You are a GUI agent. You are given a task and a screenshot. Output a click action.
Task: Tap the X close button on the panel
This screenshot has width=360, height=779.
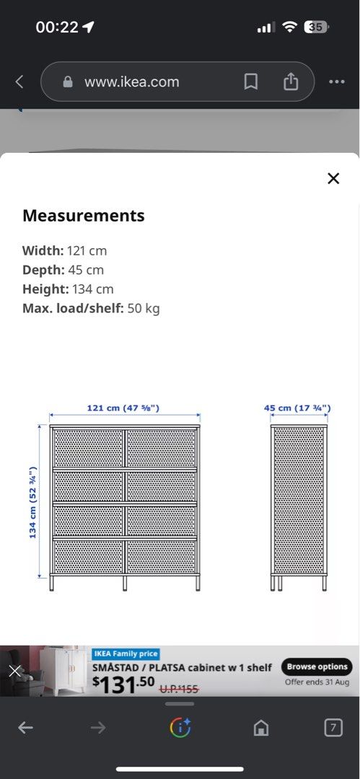pyautogui.click(x=333, y=178)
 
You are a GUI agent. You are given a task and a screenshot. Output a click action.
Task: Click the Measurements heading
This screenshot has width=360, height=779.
pyautogui.click(x=83, y=216)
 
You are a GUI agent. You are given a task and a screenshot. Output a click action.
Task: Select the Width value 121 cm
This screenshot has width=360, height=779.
pyautogui.click(x=87, y=251)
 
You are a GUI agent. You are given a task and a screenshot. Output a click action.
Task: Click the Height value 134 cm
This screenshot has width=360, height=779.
pyautogui.click(x=93, y=289)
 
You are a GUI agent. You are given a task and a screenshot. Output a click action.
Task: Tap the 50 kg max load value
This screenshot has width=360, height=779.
pyautogui.click(x=144, y=309)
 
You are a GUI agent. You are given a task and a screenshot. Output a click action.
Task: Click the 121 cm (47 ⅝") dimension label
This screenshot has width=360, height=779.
pyautogui.click(x=123, y=408)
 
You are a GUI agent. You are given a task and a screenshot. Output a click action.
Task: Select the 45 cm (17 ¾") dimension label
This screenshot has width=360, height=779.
pyautogui.click(x=297, y=408)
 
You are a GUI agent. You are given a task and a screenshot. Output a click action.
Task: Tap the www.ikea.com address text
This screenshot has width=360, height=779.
pyautogui.click(x=131, y=82)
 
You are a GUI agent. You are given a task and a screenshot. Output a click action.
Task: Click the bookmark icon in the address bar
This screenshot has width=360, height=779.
pyautogui.click(x=250, y=82)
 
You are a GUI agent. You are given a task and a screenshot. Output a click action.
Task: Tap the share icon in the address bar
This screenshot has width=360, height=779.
pyautogui.click(x=290, y=82)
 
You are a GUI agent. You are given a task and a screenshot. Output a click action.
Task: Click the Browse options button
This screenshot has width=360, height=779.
pyautogui.click(x=317, y=666)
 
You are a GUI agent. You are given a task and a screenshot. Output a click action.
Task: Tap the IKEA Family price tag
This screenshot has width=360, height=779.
pyautogui.click(x=126, y=653)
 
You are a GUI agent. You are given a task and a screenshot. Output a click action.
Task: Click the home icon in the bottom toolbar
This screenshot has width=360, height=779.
pyautogui.click(x=261, y=728)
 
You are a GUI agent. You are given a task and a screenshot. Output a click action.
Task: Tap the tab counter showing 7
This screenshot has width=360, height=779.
pyautogui.click(x=333, y=728)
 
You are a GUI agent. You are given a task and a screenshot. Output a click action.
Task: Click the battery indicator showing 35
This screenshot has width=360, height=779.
pyautogui.click(x=316, y=27)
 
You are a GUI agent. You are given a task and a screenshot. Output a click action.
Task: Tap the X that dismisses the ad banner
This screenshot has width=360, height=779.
pyautogui.click(x=14, y=671)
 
